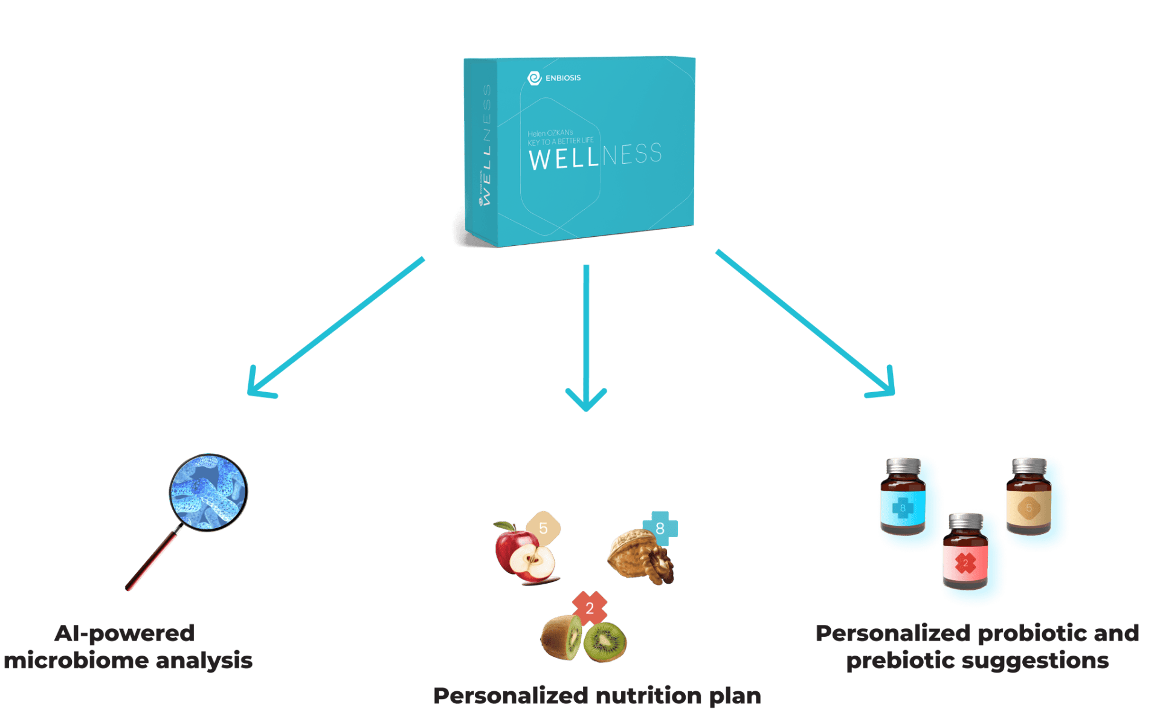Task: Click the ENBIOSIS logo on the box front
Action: tap(553, 78)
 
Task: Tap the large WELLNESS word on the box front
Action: tap(595, 157)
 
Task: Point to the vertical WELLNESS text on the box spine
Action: tap(486, 145)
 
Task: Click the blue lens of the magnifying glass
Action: tap(208, 492)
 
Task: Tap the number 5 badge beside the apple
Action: tap(543, 528)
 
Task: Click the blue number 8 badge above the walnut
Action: tap(660, 528)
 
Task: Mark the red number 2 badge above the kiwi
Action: tap(590, 608)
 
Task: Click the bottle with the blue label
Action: tap(903, 498)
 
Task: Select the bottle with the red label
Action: tap(965, 553)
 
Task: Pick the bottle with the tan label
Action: tap(1029, 498)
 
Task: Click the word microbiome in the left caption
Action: tap(76, 660)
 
